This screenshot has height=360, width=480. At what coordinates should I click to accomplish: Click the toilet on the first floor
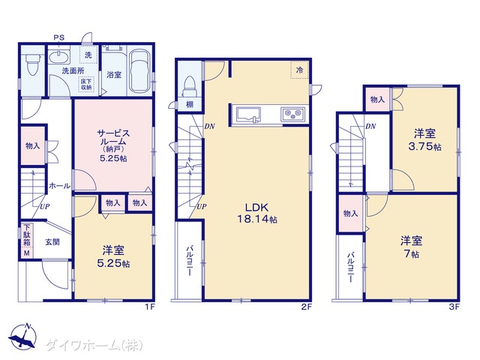(x=32, y=64)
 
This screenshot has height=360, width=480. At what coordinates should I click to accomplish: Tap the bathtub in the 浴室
(x=140, y=71)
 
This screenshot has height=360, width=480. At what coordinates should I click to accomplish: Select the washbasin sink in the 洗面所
(x=58, y=58)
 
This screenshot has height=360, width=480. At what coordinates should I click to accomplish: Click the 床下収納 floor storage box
(x=86, y=85)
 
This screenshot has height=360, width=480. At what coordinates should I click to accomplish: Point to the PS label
(x=59, y=37)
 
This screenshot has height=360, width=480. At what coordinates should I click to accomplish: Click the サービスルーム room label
(x=113, y=137)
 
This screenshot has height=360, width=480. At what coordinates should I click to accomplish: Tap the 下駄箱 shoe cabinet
(x=27, y=240)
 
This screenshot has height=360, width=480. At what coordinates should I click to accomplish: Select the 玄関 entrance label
(x=52, y=241)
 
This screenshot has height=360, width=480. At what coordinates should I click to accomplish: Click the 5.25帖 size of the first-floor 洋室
(x=113, y=263)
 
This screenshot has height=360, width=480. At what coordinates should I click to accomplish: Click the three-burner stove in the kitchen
(x=293, y=114)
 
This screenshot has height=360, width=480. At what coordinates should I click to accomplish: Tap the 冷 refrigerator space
(x=299, y=70)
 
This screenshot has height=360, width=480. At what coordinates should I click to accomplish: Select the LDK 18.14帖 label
(x=257, y=213)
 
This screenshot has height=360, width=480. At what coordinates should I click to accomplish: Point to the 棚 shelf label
(x=190, y=104)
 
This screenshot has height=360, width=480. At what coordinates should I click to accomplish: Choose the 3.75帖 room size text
(x=425, y=146)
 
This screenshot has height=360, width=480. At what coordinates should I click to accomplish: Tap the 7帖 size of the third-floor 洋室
(x=411, y=254)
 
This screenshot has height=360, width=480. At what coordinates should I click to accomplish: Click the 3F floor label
(x=454, y=307)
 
